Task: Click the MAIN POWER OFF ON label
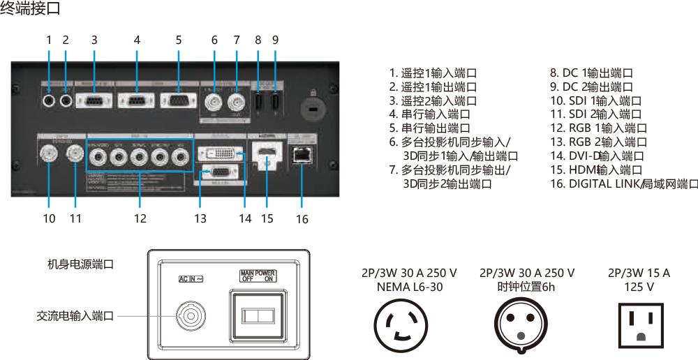tap(258, 276)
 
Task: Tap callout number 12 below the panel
tap(140, 218)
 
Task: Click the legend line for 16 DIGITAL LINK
tap(623, 183)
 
